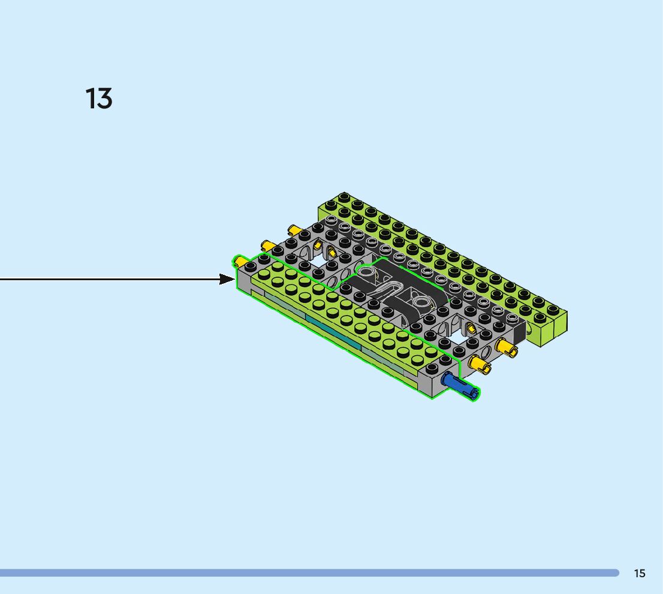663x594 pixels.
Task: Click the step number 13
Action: pos(99,99)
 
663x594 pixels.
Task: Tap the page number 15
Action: pos(640,573)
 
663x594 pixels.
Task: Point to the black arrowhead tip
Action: pos(236,279)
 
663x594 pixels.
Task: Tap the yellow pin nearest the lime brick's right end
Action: pos(506,347)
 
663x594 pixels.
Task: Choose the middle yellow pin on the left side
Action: pos(267,245)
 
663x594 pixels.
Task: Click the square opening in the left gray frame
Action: pos(317,262)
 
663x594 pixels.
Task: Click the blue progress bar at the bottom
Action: pos(309,573)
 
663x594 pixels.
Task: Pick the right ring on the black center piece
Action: pos(421,301)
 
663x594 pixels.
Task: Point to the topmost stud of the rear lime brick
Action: pos(344,196)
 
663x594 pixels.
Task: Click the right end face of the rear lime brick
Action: pos(554,329)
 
